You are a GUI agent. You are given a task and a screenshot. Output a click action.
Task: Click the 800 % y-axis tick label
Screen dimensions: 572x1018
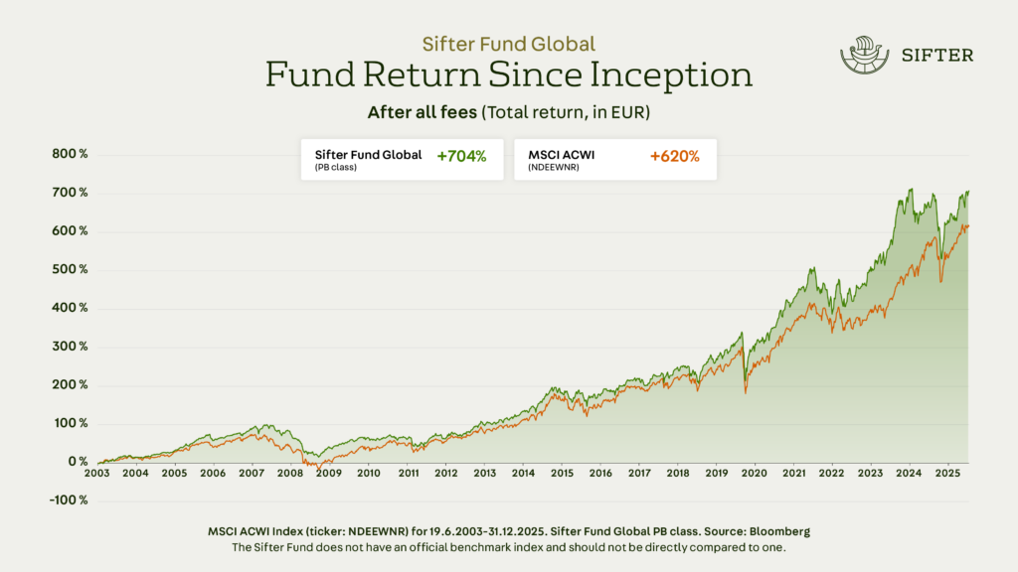tap(70, 154)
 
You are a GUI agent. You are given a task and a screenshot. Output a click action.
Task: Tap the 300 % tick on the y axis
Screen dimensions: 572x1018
tap(70, 347)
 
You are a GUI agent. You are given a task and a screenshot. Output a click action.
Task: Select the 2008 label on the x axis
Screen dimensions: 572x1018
tap(290, 474)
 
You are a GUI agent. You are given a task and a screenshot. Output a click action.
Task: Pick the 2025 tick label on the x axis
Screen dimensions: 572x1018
tap(947, 474)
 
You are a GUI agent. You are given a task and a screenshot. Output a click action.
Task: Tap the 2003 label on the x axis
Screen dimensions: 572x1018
tap(96, 474)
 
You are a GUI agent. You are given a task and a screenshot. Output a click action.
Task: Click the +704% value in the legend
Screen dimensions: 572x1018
tap(461, 156)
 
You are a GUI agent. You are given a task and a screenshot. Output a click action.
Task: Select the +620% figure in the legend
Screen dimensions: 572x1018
tap(675, 156)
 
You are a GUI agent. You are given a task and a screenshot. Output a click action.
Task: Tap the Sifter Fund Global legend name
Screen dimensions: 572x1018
tap(368, 154)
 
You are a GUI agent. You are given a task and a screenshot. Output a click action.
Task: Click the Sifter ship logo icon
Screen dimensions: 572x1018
tap(862, 56)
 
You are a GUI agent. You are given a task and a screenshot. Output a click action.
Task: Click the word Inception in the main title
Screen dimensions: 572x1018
tap(678, 75)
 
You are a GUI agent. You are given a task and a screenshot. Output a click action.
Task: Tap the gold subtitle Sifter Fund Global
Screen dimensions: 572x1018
tap(508, 44)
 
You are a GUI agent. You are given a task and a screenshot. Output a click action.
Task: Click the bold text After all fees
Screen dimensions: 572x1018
tap(422, 112)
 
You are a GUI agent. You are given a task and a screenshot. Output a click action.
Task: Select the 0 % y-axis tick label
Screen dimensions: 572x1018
tap(78, 462)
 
